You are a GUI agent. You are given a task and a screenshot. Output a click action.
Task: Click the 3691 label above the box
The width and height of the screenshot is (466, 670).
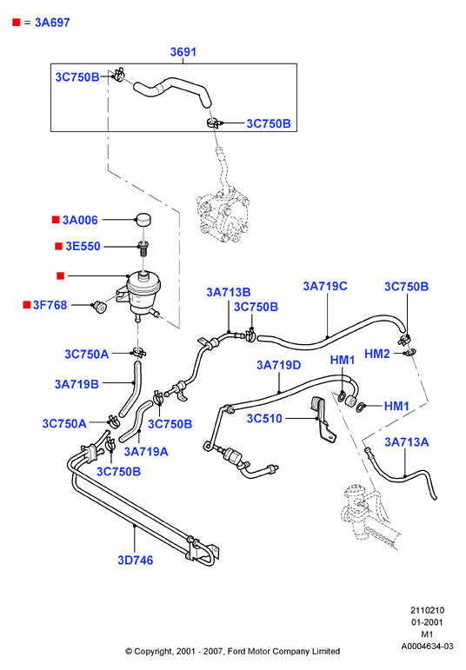(x=183, y=51)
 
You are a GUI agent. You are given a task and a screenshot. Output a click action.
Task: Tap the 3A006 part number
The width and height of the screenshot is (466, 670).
(x=80, y=220)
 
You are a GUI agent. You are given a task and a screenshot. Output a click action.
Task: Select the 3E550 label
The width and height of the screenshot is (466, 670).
(x=83, y=246)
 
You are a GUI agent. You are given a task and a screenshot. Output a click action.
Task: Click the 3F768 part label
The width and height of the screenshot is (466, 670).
(x=50, y=305)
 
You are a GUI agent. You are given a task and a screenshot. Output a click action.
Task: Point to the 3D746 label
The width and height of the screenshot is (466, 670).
(x=135, y=561)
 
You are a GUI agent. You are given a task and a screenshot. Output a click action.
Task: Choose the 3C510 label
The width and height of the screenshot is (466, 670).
(x=264, y=418)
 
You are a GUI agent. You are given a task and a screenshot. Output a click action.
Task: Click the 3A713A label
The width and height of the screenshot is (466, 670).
(x=407, y=441)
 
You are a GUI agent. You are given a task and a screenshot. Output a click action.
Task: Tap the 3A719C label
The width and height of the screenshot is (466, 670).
(x=325, y=286)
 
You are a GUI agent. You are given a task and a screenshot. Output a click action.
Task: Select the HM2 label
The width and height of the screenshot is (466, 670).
(x=377, y=354)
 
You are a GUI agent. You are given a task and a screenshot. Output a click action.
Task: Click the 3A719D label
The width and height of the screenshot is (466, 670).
(x=279, y=365)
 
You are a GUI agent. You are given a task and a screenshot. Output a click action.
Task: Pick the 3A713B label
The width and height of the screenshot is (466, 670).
(x=229, y=292)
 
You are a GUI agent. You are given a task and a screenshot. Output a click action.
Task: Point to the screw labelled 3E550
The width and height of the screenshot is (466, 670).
(x=143, y=248)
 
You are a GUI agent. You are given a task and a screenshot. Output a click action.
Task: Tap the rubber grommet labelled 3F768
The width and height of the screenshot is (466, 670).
(x=100, y=307)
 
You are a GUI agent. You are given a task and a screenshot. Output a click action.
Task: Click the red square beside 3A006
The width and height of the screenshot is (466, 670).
(x=56, y=220)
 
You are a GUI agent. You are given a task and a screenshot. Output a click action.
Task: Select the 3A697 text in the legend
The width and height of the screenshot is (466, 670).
(x=52, y=23)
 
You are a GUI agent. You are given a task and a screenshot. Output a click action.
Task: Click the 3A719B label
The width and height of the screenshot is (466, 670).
(x=77, y=384)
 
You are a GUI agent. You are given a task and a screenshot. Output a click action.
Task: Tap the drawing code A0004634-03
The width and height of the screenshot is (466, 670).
(x=427, y=646)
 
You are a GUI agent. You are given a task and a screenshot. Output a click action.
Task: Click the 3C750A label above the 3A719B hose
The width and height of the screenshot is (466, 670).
(x=86, y=355)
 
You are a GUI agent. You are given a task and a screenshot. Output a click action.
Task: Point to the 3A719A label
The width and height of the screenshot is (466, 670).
(x=146, y=452)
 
